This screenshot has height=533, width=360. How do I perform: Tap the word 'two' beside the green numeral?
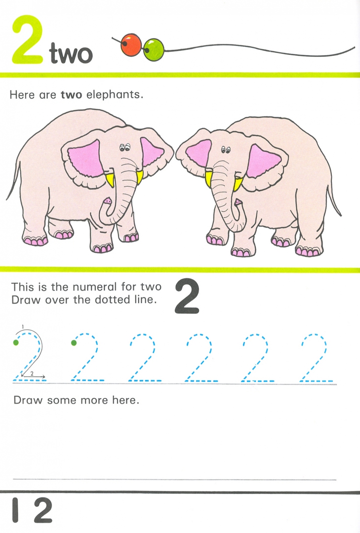tap(71, 53)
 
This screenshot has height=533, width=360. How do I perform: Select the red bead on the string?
tap(131, 44)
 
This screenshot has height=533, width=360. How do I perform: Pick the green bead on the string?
tap(154, 50)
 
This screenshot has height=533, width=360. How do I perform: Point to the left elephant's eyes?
tap(124, 147)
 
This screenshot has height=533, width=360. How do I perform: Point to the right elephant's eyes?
tap(225, 149)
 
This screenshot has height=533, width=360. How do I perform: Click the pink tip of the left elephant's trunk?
tap(108, 201)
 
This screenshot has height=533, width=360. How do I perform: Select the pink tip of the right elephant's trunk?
tap(238, 202)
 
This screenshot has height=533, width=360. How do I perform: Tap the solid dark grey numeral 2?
tap(187, 296)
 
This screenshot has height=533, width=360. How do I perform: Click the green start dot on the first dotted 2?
tap(16, 343)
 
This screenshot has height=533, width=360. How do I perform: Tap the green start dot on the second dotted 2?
tap(74, 343)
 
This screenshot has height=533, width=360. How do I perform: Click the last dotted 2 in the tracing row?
tap(317, 357)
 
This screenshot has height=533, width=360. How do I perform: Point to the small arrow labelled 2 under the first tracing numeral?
tap(33, 376)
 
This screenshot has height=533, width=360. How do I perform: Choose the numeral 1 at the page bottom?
tap(15, 510)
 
